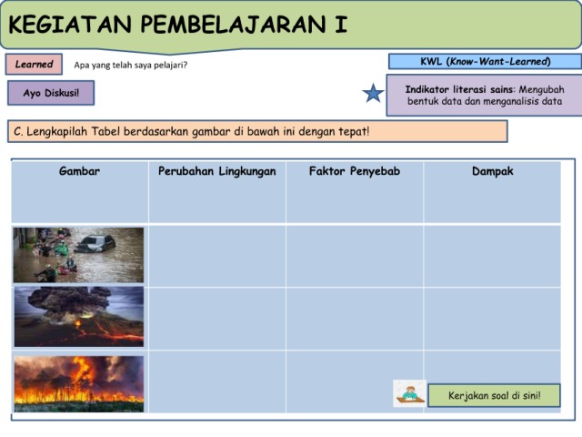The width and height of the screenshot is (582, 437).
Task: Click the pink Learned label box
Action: pyautogui.click(x=34, y=64)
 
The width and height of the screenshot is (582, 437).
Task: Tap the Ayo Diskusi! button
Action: pyautogui.click(x=51, y=93)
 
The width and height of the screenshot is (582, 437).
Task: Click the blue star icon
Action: pyautogui.click(x=373, y=93)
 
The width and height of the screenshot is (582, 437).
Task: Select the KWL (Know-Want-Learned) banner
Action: pyautogui.click(x=485, y=61)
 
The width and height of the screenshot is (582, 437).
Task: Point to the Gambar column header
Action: pyautogui.click(x=79, y=171)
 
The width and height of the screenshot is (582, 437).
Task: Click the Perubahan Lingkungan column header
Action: pyautogui.click(x=217, y=171)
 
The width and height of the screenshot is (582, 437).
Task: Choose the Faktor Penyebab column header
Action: pyautogui.click(x=355, y=171)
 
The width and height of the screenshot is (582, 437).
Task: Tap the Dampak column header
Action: pyautogui.click(x=493, y=171)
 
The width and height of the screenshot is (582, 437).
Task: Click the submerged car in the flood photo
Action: pyautogui.click(x=95, y=244)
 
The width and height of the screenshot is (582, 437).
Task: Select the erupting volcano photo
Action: pyautogui.click(x=79, y=317)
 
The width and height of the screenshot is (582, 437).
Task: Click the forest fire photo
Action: pyautogui.click(x=79, y=384)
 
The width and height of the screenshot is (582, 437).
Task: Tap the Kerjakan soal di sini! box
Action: pyautogui.click(x=494, y=395)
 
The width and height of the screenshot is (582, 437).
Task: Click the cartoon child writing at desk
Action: pyautogui.click(x=410, y=393)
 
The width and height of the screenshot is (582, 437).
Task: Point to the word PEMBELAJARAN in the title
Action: pyautogui.click(x=234, y=25)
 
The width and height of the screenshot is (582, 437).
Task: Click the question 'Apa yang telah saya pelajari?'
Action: pyautogui.click(x=131, y=65)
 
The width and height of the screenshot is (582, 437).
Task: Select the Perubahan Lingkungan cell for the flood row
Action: pyautogui.click(x=217, y=256)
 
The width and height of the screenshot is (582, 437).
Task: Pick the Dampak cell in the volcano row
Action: pyautogui.click(x=492, y=319)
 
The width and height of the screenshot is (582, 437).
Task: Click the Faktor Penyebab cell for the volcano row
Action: pyautogui.click(x=355, y=319)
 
